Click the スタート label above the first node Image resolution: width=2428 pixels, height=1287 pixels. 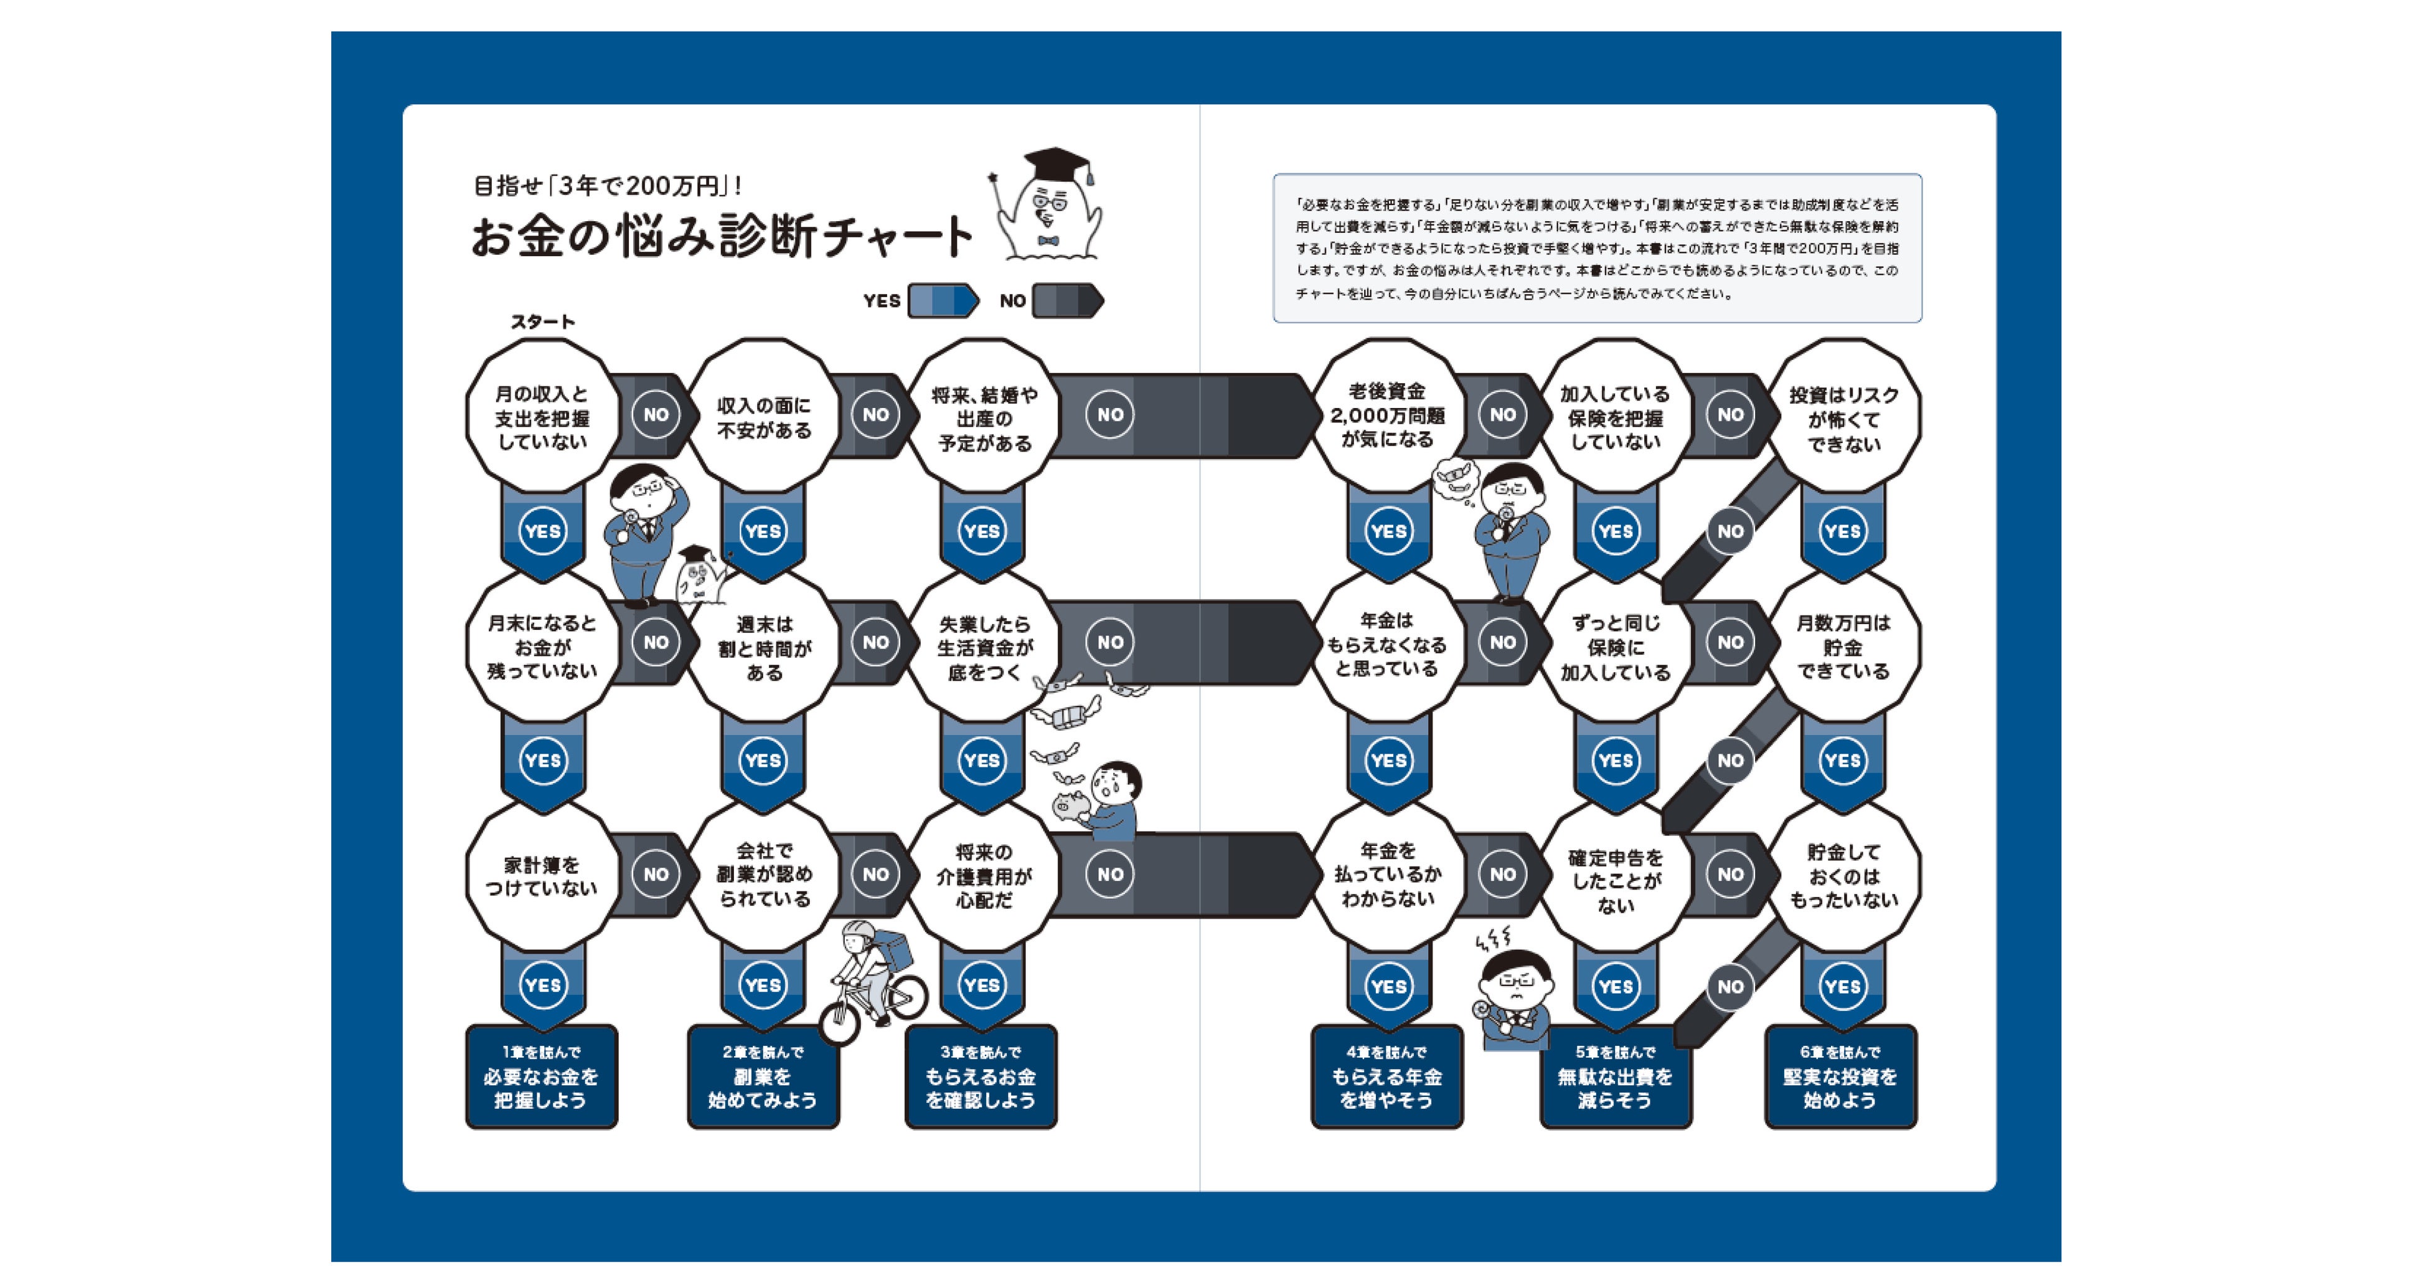(542, 321)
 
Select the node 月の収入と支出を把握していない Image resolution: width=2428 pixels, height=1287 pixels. (542, 417)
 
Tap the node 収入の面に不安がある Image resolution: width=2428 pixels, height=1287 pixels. (763, 417)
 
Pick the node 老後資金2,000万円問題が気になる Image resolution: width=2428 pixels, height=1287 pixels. (1386, 415)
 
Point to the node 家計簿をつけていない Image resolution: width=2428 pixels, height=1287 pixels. (542, 876)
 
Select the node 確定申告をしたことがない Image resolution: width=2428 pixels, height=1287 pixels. (1614, 880)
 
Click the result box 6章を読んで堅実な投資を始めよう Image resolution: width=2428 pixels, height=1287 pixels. (1840, 1076)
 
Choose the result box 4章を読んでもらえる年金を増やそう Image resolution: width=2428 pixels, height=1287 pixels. (1386, 1076)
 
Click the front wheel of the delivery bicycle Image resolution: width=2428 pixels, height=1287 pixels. (840, 1022)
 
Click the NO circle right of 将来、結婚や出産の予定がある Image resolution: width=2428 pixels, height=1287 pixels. (1110, 415)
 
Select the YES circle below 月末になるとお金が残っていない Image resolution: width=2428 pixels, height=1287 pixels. (542, 760)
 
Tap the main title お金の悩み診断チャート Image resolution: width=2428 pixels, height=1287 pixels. (721, 235)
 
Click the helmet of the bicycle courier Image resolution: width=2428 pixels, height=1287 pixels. (859, 933)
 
